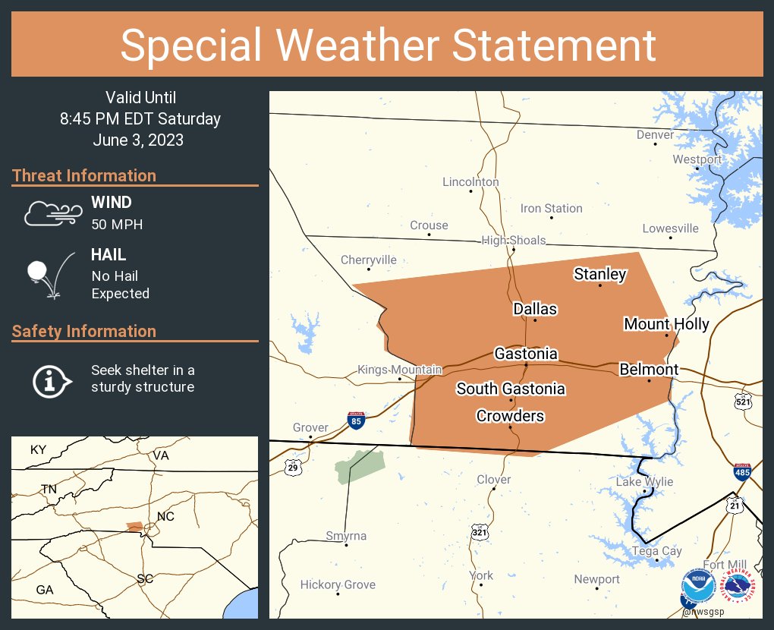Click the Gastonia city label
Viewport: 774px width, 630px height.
point(526,354)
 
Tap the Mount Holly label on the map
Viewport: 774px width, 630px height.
point(666,324)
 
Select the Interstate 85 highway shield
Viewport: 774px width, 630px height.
point(355,420)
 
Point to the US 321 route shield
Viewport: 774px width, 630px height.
point(479,532)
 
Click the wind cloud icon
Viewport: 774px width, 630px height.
point(51,214)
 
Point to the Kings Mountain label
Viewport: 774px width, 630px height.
point(400,370)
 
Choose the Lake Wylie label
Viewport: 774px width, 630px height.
point(644,482)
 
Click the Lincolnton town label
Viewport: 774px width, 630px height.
point(470,182)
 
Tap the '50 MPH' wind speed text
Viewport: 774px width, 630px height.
point(117,225)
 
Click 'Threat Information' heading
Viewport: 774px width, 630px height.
point(84,175)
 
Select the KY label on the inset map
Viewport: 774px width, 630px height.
point(38,450)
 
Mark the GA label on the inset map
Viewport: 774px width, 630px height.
point(45,590)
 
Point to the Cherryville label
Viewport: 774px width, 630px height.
point(369,260)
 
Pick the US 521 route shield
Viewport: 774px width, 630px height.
point(743,402)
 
